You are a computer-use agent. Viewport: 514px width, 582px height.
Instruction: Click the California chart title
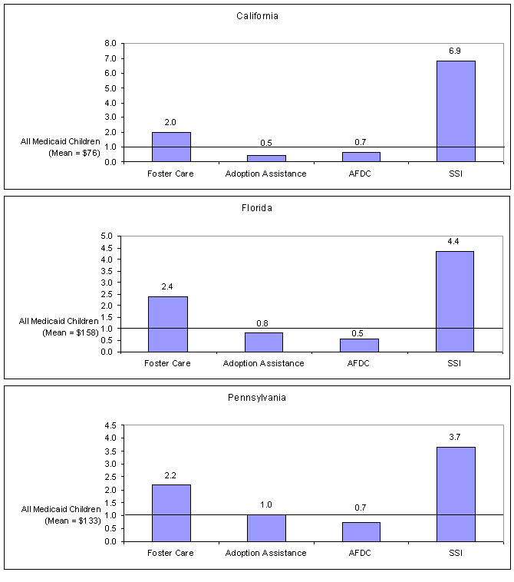(x=257, y=16)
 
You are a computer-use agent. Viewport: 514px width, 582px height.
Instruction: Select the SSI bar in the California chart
(x=456, y=111)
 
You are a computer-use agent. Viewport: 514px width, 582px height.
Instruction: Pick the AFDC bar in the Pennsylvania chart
(x=361, y=531)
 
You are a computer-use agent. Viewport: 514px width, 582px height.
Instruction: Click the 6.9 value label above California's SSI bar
(x=456, y=51)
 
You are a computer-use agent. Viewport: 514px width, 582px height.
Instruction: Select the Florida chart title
(x=257, y=207)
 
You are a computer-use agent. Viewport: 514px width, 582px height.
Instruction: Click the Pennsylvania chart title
(x=257, y=398)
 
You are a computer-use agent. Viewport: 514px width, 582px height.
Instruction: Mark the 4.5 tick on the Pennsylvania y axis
(x=109, y=425)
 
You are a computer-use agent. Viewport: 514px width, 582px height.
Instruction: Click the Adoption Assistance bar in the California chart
(x=266, y=157)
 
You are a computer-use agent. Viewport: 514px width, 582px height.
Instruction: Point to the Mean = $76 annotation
(x=61, y=153)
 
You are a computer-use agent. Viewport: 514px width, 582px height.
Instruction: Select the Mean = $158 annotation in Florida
(x=60, y=332)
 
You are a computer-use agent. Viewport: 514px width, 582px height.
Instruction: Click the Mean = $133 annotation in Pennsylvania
(x=61, y=521)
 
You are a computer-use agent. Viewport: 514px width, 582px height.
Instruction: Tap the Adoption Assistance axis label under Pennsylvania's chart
(x=265, y=553)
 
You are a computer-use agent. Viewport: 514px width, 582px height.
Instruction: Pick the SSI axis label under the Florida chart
(x=456, y=363)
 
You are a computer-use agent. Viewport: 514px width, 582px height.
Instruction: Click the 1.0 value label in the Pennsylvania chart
(x=265, y=504)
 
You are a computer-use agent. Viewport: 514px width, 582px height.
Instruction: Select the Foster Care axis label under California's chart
(x=171, y=174)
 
